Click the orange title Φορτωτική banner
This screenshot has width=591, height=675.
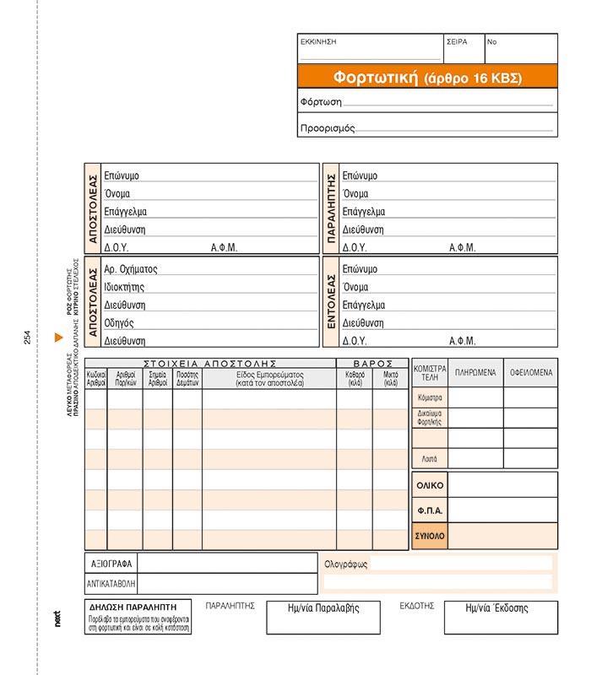click(x=427, y=78)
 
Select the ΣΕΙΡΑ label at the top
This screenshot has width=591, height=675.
click(x=457, y=41)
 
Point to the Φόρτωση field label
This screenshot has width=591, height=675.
click(x=321, y=102)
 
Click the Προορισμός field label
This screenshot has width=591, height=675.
click(x=328, y=128)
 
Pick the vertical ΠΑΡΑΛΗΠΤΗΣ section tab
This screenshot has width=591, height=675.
click(x=332, y=208)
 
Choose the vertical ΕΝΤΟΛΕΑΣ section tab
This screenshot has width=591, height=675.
click(x=332, y=301)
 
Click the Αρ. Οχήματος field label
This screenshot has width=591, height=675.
click(x=131, y=270)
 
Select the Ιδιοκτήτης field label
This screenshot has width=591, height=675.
click(x=124, y=288)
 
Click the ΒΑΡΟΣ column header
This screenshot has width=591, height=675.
click(x=373, y=363)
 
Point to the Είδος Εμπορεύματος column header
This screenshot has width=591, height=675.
click(x=269, y=377)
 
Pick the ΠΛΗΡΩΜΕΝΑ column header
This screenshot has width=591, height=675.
click(x=475, y=372)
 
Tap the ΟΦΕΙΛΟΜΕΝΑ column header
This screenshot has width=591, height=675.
click(x=530, y=372)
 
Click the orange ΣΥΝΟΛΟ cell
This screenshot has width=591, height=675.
click(x=430, y=536)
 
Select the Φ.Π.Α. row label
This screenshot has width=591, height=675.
click(x=430, y=510)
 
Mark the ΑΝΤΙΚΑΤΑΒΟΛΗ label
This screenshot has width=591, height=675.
click(x=111, y=583)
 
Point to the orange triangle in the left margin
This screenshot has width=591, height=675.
click(x=58, y=337)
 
